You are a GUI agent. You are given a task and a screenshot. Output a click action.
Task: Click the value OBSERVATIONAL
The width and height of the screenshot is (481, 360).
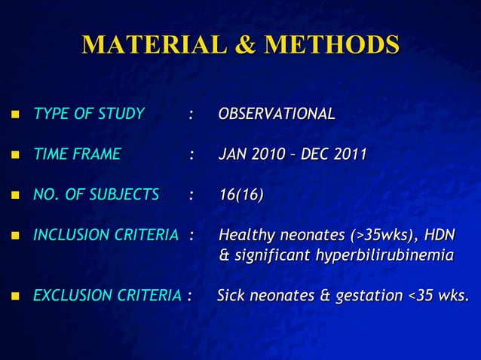pos(276,114)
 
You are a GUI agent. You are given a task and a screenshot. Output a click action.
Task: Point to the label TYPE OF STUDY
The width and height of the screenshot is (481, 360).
pos(88,114)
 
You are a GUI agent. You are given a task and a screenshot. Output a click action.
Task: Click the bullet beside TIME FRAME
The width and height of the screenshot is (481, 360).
pos(14,156)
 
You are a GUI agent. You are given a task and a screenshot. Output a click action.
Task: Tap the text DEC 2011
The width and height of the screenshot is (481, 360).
pos(333,155)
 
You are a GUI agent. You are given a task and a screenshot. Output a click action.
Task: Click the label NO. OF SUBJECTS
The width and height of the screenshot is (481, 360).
pos(96,196)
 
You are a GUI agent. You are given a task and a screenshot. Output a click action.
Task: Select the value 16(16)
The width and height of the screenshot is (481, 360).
pos(240,196)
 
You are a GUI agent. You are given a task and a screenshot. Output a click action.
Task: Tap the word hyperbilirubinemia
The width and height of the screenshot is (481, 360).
pos(384,256)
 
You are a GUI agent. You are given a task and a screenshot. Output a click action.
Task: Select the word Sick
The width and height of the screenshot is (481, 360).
pos(231,296)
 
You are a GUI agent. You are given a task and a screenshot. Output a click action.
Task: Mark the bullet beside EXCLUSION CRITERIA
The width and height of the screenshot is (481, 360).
pos(14,297)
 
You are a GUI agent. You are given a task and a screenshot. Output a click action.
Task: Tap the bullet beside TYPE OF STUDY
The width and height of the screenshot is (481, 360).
pos(14,115)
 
